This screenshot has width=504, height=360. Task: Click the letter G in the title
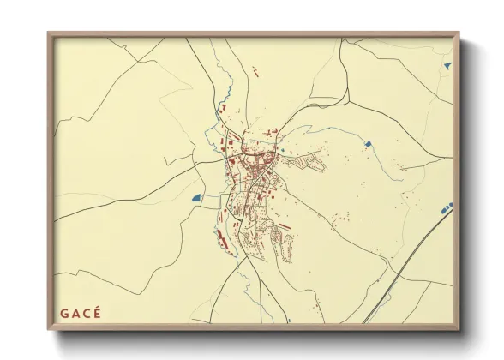point(63,312)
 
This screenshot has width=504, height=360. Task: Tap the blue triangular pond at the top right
point(447,65)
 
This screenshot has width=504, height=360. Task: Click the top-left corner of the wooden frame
point(50,34)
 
